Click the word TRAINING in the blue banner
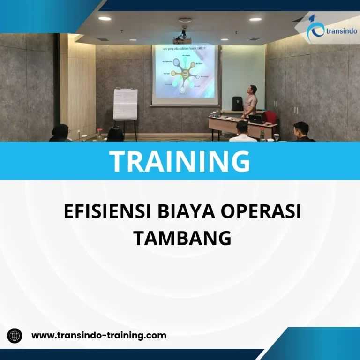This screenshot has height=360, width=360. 180,161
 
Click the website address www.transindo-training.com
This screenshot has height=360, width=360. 98,335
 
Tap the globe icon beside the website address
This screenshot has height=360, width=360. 15,336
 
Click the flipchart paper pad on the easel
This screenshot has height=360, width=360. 125,104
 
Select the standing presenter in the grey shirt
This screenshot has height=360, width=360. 250,101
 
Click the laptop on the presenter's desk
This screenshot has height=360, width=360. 255,119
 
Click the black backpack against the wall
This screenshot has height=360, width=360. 238,103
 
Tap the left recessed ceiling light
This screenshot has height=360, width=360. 105,19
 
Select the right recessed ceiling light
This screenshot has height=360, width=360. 255,19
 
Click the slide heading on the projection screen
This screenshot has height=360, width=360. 184,48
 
